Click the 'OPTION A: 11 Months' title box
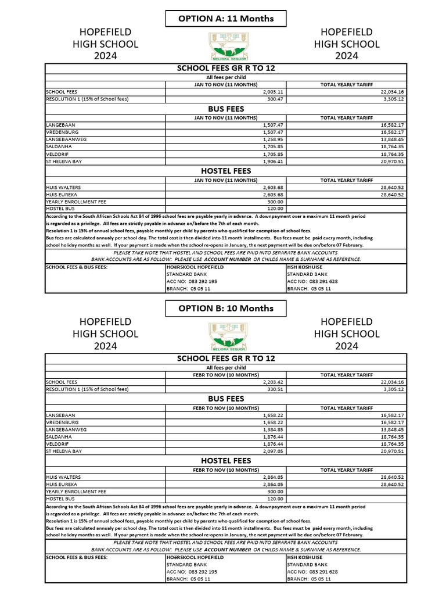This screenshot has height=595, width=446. pos(225,19)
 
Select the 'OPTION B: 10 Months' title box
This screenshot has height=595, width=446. pos(225,308)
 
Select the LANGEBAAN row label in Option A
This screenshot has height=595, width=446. pos(61,125)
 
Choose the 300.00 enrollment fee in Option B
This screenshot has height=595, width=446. pos(273,491)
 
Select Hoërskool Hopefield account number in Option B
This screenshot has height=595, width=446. pos(192,571)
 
